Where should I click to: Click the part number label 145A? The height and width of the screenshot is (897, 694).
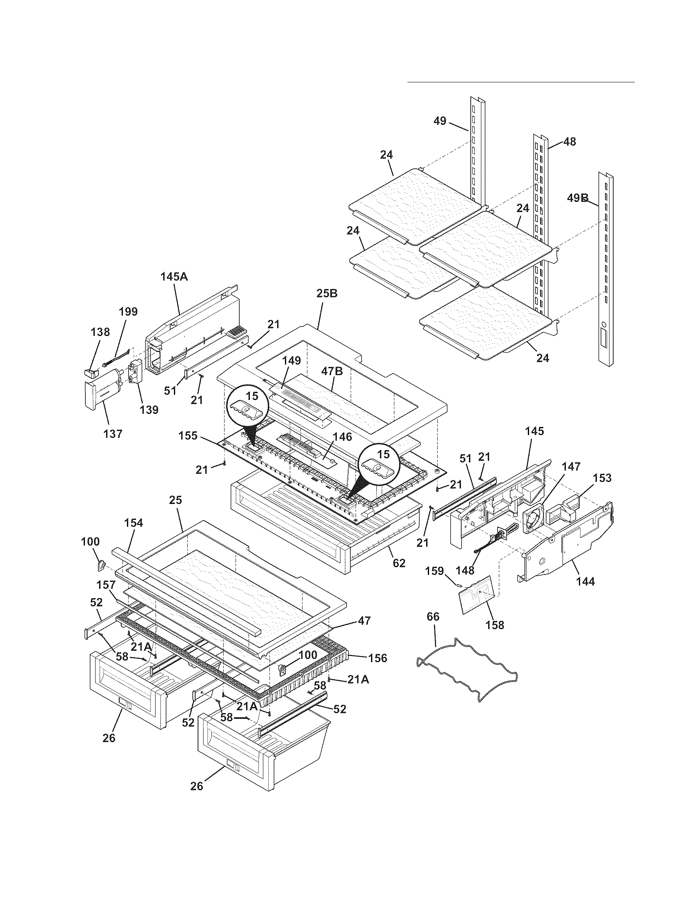tap(173, 277)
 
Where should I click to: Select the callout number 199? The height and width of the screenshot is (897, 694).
tap(128, 312)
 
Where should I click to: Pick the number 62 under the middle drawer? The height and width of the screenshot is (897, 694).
tap(399, 563)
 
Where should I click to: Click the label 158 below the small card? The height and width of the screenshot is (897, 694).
tap(495, 625)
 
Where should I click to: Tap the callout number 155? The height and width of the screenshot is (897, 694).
tap(188, 435)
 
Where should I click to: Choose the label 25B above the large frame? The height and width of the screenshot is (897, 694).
tap(327, 293)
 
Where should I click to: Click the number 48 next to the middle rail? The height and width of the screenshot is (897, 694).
tap(569, 141)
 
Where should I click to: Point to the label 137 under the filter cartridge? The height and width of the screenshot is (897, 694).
tap(113, 433)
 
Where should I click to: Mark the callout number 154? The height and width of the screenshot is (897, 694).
tap(133, 523)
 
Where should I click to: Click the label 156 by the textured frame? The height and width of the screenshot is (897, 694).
tap(378, 658)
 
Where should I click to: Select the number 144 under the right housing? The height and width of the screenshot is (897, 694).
tap(585, 581)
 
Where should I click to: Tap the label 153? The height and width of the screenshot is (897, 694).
tap(602, 478)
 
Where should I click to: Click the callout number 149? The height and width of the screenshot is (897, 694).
tap(291, 360)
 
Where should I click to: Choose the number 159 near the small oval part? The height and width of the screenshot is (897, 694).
tap(434, 571)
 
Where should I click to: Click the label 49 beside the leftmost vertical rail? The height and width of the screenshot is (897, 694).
tap(440, 121)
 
